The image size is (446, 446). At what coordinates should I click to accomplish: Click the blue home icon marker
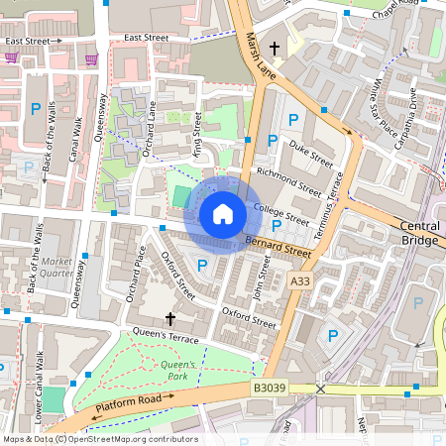(x=223, y=214)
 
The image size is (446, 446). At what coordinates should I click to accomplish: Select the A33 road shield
(x=299, y=283)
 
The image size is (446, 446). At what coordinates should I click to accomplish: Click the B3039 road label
(x=269, y=390)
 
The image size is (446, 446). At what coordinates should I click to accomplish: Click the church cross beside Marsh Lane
(x=274, y=48)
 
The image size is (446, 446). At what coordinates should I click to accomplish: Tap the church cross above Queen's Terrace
(x=169, y=319)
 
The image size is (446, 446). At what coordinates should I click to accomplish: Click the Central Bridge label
(x=419, y=233)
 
